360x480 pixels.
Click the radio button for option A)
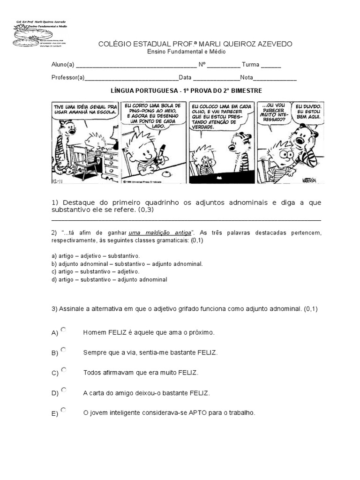coord(63,330)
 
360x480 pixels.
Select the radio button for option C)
coord(63,370)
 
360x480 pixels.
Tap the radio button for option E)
coord(63,410)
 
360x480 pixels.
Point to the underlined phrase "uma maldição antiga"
coord(160,232)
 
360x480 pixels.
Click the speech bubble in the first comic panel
coord(85,109)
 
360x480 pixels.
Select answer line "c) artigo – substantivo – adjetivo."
coord(96,271)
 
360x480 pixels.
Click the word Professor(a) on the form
coord(68,78)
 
